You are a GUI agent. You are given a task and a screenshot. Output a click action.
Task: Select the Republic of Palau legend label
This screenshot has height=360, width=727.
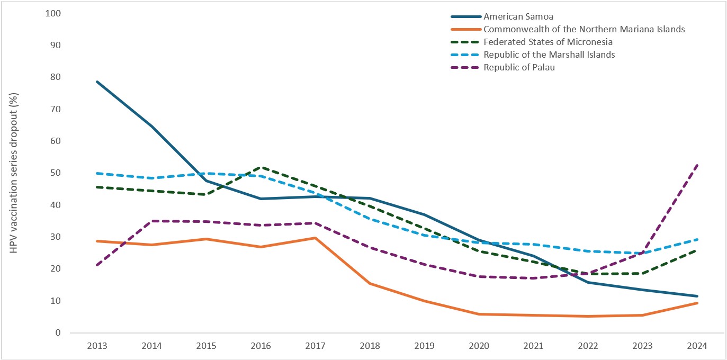[x=519, y=67]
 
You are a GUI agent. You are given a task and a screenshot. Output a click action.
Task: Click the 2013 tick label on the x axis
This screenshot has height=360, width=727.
[x=97, y=346]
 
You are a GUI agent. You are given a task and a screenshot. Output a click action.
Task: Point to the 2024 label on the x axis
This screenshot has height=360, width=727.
[x=697, y=346]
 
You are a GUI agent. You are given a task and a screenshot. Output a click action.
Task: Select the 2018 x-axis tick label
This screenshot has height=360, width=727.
[x=370, y=346]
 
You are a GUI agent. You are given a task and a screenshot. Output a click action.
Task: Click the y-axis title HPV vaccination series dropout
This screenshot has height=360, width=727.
[x=14, y=173]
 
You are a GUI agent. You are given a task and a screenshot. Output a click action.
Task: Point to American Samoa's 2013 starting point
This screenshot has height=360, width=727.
[x=97, y=82]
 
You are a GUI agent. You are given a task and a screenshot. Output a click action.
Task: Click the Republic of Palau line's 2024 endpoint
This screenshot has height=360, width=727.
[x=697, y=165]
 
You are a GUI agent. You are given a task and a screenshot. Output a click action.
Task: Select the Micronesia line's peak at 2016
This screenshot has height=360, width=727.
[x=261, y=167]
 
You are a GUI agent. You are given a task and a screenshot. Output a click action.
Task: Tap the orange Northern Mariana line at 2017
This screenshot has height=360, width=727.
[x=316, y=238]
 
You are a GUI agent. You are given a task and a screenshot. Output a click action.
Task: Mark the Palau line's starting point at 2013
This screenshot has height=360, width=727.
[x=97, y=265]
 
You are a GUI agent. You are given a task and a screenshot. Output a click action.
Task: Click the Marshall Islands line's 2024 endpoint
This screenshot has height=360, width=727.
[x=697, y=239]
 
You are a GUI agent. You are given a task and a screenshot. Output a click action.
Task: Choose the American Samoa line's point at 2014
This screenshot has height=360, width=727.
[x=152, y=126]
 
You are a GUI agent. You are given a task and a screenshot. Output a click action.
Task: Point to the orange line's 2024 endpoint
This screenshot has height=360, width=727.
[x=697, y=303]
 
